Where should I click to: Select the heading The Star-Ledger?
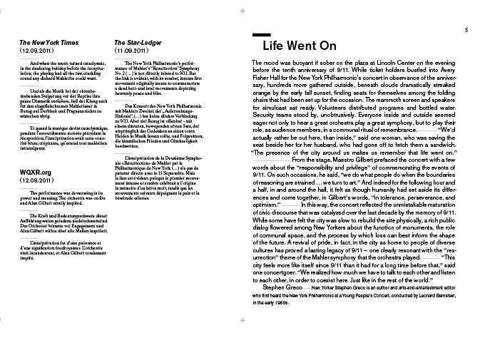(x=133, y=42)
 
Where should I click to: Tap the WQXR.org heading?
(x=36, y=172)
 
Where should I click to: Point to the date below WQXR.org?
(x=35, y=181)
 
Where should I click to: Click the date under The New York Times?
(x=35, y=51)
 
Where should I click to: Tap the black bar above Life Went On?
(x=261, y=34)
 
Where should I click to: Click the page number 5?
(x=466, y=29)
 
